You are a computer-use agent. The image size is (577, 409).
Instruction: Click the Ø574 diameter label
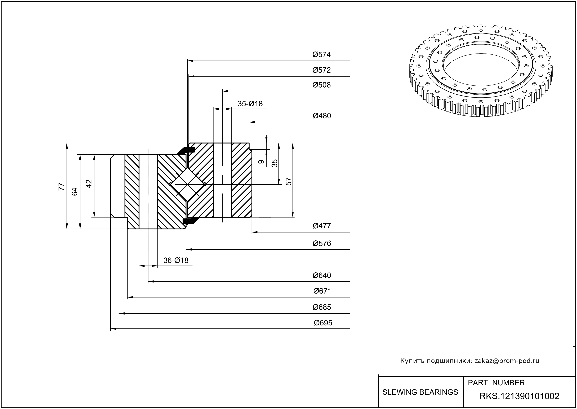[x=322, y=55]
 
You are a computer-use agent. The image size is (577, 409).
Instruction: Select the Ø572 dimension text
[x=322, y=70]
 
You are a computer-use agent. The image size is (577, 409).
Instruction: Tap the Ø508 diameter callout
[x=322, y=85]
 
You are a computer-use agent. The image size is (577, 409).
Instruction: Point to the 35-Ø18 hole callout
[x=250, y=104]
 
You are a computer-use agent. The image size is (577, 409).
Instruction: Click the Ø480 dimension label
[x=322, y=116]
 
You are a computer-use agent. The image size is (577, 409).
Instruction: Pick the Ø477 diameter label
[x=322, y=226]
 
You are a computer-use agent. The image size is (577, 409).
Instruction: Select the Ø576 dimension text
[x=322, y=244]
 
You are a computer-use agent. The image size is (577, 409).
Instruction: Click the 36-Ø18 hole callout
[x=176, y=260]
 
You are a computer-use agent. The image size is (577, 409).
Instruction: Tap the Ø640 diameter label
[x=322, y=276]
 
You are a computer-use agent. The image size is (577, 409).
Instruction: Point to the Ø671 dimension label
[x=322, y=291]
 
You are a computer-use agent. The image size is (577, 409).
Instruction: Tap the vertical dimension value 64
[x=75, y=192]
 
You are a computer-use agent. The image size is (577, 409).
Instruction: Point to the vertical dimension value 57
[x=289, y=182]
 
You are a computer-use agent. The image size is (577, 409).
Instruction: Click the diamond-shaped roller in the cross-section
[x=188, y=184]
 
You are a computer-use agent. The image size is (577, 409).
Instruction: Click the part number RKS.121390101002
[x=519, y=396]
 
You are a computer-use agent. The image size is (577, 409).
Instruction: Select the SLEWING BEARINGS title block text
[x=420, y=392]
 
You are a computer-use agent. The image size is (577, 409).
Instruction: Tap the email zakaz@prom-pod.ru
[x=507, y=361]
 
